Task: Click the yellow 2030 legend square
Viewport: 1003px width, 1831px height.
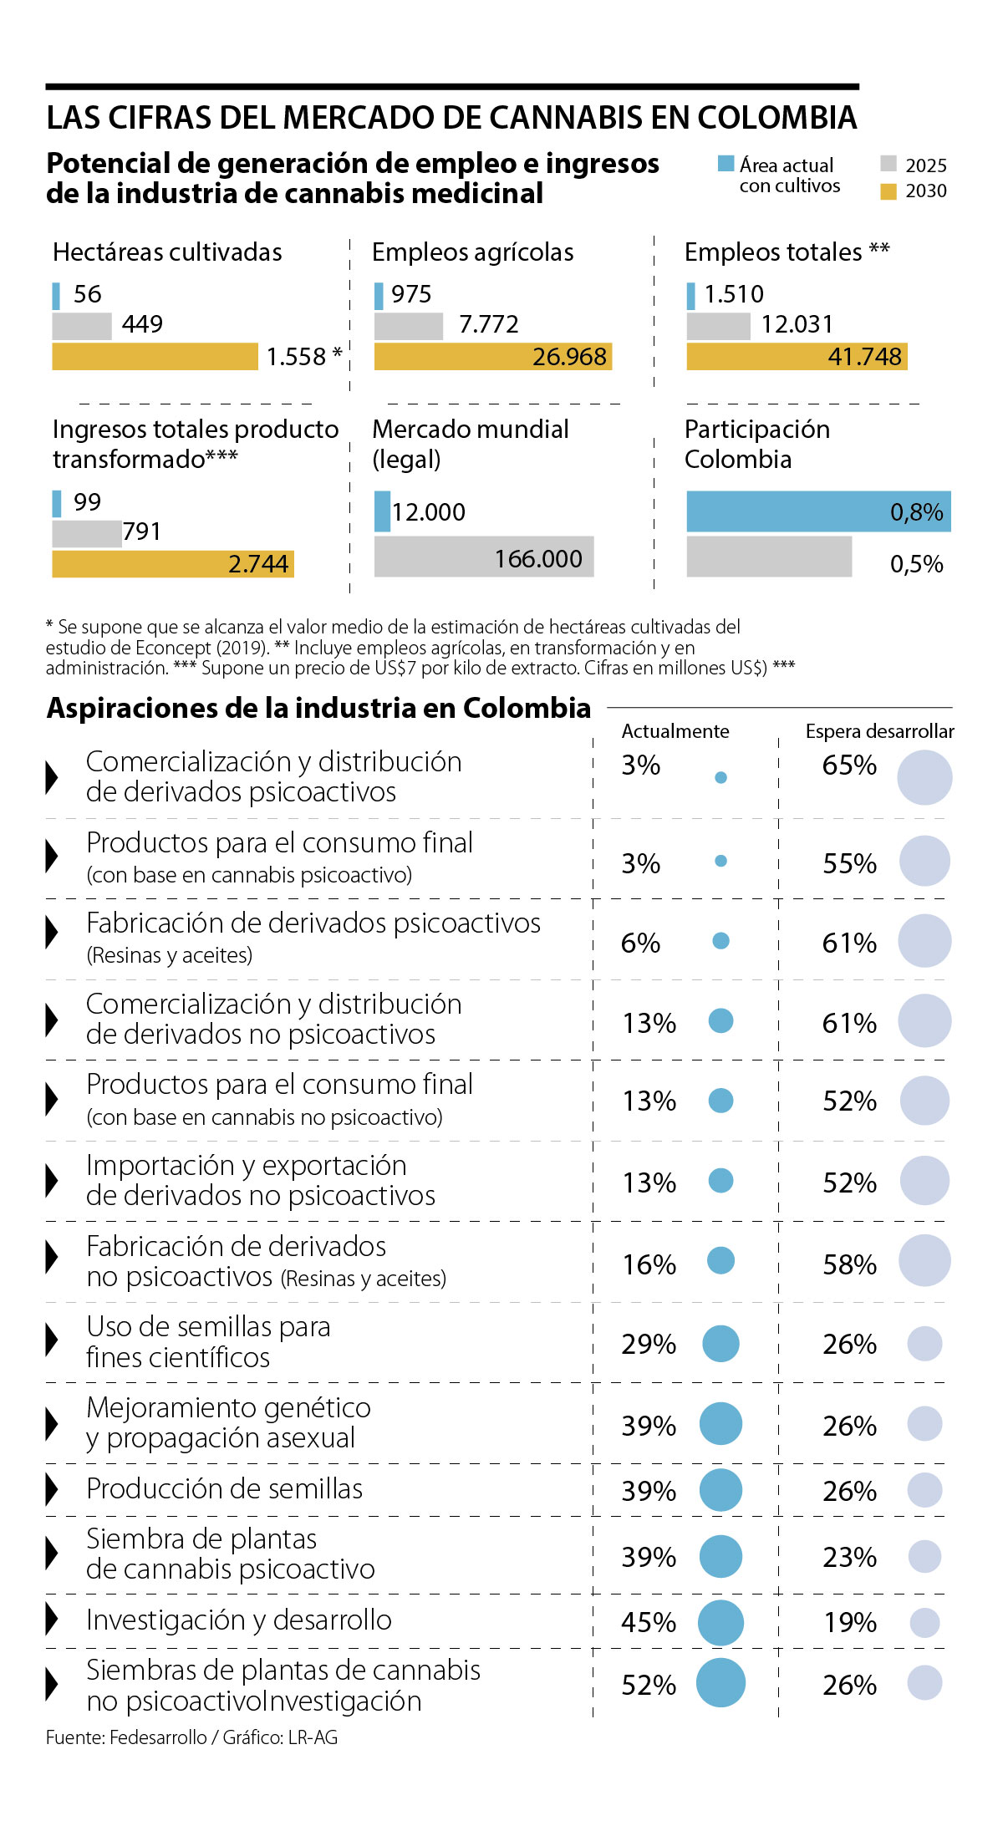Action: pyautogui.click(x=888, y=191)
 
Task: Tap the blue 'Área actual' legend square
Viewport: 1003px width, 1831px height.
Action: pyautogui.click(x=726, y=164)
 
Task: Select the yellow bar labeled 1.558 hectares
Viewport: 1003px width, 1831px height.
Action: pyautogui.click(x=155, y=357)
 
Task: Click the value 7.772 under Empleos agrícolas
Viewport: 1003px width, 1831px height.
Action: pyautogui.click(x=488, y=324)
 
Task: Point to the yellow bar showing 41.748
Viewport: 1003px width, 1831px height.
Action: pyautogui.click(x=797, y=357)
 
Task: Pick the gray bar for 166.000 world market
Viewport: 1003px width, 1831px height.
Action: pyautogui.click(x=483, y=557)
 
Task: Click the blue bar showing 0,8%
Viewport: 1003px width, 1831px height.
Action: pyautogui.click(x=818, y=511)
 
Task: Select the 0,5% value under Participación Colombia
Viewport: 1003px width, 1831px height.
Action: pyautogui.click(x=916, y=564)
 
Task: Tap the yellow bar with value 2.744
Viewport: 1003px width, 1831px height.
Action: pyautogui.click(x=172, y=564)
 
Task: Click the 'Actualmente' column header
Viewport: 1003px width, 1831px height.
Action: pyautogui.click(x=675, y=731)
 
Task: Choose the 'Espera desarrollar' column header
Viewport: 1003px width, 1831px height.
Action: pyautogui.click(x=879, y=731)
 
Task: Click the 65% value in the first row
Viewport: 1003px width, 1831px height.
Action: pyautogui.click(x=849, y=765)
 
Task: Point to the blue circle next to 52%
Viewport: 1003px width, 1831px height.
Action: pyautogui.click(x=720, y=1683)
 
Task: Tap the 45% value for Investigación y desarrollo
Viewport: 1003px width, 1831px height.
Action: pyautogui.click(x=649, y=1622)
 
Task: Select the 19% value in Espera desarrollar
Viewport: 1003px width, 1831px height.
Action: pyautogui.click(x=850, y=1622)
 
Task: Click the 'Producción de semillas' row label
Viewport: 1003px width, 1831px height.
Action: pyautogui.click(x=224, y=1489)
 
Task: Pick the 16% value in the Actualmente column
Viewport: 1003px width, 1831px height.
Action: pyautogui.click(x=649, y=1264)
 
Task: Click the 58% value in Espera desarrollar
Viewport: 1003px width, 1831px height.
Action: pyautogui.click(x=849, y=1264)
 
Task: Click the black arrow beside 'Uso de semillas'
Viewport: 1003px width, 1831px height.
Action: pyautogui.click(x=52, y=1340)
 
